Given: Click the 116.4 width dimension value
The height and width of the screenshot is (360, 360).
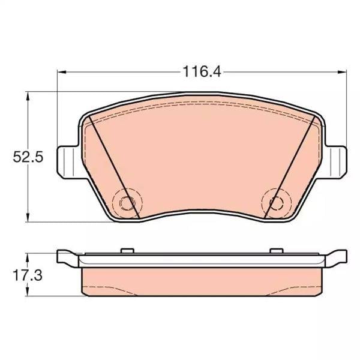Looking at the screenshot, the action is coord(202,71).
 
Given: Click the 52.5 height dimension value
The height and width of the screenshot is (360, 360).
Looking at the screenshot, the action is coord(28,157).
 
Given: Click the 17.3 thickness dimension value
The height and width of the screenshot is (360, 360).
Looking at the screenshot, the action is coord(28,275).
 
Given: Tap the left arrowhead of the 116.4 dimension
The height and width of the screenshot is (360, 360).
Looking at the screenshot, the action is coord(62,72).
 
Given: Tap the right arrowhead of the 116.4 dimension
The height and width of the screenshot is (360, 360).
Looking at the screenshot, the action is coord(342,72).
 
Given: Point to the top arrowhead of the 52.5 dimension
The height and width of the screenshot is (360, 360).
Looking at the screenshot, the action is coord(28,96).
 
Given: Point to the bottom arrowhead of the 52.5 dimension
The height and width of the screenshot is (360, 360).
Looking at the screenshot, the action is coord(28,217).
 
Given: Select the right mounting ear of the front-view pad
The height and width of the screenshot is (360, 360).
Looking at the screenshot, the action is coord(335,162).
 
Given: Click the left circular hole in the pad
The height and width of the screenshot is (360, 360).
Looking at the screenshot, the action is coord(127,203).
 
